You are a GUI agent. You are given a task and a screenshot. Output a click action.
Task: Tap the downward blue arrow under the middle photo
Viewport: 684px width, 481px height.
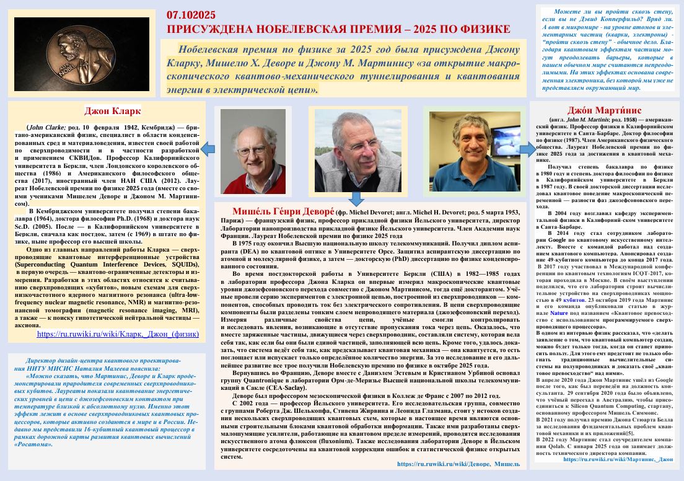pos(355,198)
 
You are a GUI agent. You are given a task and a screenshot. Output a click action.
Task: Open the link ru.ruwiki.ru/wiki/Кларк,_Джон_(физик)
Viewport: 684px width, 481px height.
pos(118,333)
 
